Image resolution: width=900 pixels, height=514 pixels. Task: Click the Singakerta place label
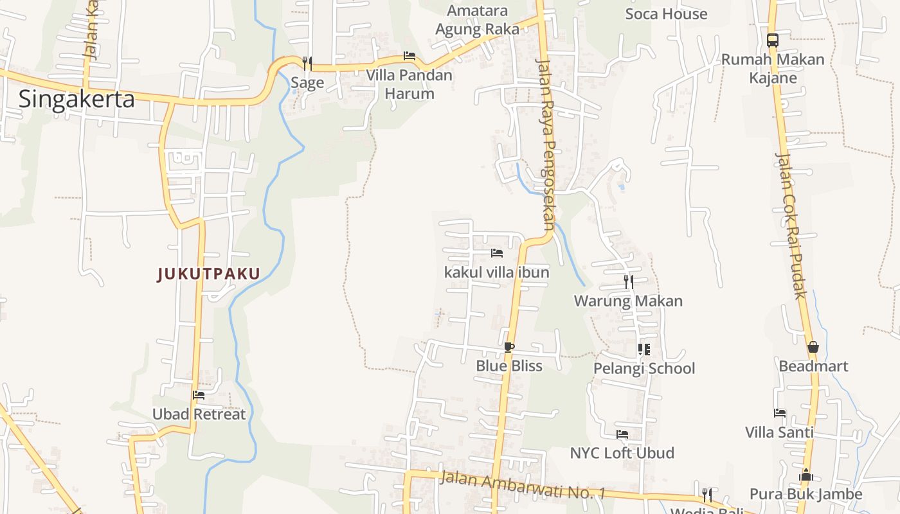click(76, 99)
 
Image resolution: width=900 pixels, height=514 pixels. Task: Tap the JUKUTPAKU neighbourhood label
click(209, 274)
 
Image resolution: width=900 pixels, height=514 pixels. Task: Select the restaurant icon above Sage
click(307, 63)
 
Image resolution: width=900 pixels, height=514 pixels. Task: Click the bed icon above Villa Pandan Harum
click(409, 56)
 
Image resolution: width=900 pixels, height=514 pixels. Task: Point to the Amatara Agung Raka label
click(477, 20)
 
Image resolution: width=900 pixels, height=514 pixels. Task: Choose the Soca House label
click(666, 14)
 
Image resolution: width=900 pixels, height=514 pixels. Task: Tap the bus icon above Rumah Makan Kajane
click(773, 40)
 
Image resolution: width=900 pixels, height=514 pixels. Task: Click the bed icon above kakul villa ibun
click(496, 253)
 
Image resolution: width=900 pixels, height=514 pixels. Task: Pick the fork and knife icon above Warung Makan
click(628, 281)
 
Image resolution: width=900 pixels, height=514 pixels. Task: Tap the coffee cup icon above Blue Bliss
click(509, 348)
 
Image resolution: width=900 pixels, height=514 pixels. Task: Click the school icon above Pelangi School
click(643, 350)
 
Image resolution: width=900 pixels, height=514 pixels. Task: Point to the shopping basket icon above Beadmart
click(813, 348)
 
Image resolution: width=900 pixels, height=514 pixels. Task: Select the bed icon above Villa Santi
click(780, 413)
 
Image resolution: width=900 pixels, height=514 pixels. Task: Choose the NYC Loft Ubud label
click(622, 453)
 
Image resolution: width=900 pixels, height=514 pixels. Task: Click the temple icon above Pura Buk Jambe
click(806, 475)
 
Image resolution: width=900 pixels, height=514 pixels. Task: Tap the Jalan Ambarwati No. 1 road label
click(524, 485)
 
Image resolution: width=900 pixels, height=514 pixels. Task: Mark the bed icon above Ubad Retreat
click(199, 395)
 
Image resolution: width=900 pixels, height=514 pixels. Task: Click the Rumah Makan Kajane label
click(773, 69)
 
